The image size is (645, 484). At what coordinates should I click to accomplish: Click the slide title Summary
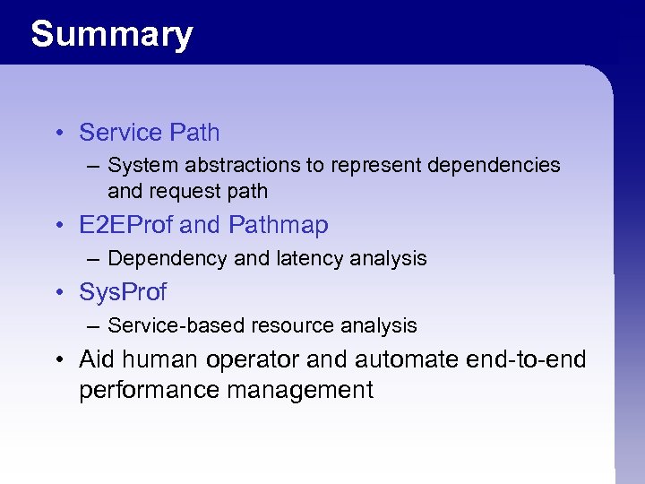point(111,34)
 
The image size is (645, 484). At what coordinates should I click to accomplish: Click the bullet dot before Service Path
point(56,134)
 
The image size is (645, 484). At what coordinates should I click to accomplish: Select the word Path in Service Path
point(194,133)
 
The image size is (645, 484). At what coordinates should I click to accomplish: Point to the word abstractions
point(232,166)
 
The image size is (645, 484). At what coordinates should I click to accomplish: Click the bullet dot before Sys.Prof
point(56,293)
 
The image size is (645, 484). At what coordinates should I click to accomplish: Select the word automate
point(408,360)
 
